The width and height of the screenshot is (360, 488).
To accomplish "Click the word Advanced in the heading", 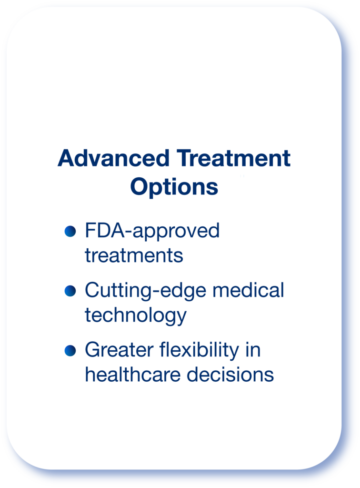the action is pyautogui.click(x=113, y=158).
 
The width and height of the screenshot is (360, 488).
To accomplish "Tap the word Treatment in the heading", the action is pyautogui.click(x=233, y=158).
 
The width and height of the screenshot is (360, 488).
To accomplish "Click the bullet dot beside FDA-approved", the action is pyautogui.click(x=70, y=231).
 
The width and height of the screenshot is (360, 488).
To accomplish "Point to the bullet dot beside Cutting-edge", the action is pyautogui.click(x=70, y=291).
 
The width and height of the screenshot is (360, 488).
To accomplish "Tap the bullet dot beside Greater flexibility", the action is pyautogui.click(x=70, y=351).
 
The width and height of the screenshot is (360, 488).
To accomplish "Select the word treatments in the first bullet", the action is pyautogui.click(x=134, y=255).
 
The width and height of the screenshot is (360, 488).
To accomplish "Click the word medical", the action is pyautogui.click(x=248, y=290).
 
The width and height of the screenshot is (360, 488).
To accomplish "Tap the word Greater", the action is pyautogui.click(x=119, y=350).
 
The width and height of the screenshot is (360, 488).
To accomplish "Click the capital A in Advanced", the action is pyautogui.click(x=66, y=158).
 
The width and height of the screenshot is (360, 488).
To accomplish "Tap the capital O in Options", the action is pyautogui.click(x=139, y=186).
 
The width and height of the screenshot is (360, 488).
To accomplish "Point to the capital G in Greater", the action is pyautogui.click(x=93, y=350).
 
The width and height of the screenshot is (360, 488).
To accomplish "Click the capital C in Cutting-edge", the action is pyautogui.click(x=93, y=290).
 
